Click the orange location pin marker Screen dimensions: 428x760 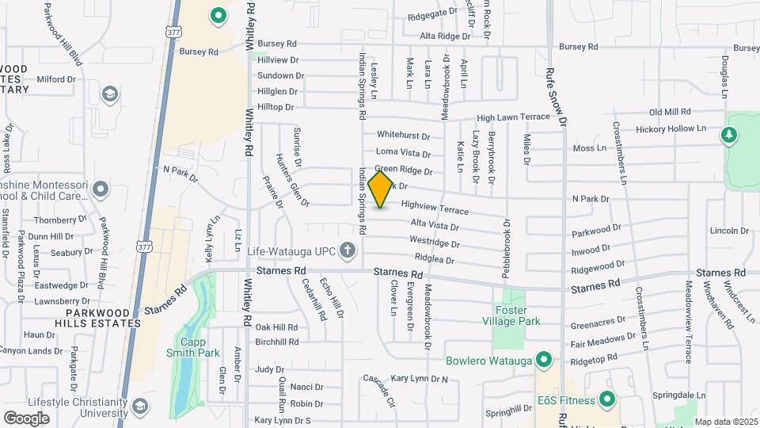381,189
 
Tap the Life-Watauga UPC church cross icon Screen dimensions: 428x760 346,251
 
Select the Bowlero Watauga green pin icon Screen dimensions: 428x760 543,361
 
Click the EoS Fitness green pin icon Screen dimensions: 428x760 607,399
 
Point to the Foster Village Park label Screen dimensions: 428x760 512,315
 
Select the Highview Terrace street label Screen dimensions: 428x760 435,208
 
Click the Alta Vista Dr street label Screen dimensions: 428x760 435,226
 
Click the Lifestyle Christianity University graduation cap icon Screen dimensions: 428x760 139,407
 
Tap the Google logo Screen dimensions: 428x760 26,418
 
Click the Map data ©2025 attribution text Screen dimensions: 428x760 724,422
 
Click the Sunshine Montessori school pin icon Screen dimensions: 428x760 100,189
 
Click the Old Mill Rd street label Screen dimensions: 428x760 670,113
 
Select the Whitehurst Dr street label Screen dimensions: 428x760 403,136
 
